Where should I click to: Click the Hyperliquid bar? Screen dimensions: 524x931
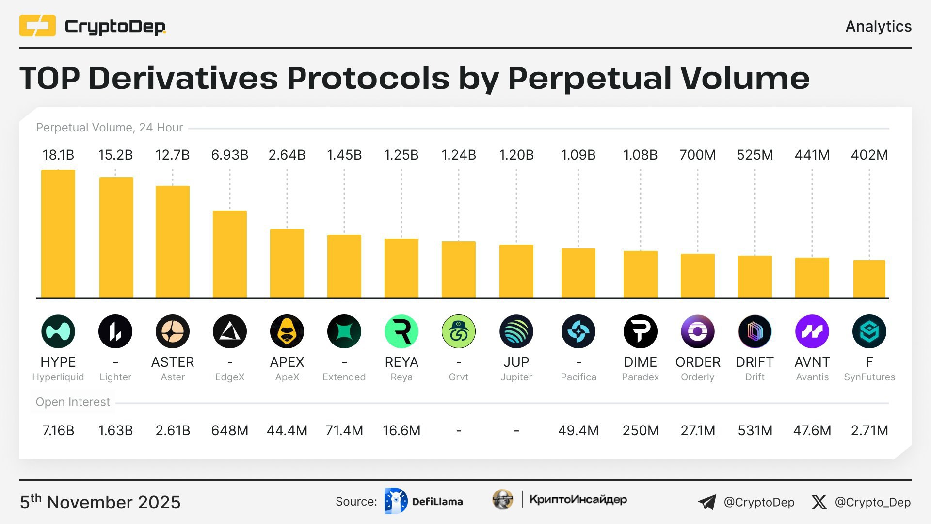click(x=58, y=234)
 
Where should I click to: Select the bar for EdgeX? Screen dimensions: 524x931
click(x=230, y=254)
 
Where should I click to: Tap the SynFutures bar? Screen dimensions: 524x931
click(x=869, y=279)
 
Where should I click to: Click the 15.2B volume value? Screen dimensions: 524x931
click(x=115, y=155)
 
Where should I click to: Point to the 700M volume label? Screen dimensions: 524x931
click(x=697, y=155)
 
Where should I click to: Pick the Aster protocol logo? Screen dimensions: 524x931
click(x=173, y=331)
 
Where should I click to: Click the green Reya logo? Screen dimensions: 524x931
click(x=401, y=331)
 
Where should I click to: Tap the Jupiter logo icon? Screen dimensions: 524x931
click(x=516, y=331)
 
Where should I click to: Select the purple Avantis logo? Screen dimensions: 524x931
click(x=812, y=331)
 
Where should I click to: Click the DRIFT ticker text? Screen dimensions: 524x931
click(x=754, y=362)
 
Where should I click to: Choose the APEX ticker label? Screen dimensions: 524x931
click(x=287, y=362)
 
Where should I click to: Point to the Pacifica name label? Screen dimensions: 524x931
click(x=578, y=377)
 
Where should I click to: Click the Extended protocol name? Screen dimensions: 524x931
click(x=344, y=377)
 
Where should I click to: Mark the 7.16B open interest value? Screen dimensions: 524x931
click(x=58, y=430)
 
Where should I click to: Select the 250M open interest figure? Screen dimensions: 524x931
click(x=641, y=430)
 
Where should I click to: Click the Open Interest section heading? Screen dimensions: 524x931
click(x=73, y=402)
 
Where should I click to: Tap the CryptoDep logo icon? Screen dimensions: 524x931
click(x=37, y=26)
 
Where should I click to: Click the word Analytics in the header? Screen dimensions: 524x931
click(x=878, y=26)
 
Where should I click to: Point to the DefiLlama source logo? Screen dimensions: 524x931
click(x=396, y=501)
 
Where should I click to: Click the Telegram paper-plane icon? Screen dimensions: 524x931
click(x=707, y=502)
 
